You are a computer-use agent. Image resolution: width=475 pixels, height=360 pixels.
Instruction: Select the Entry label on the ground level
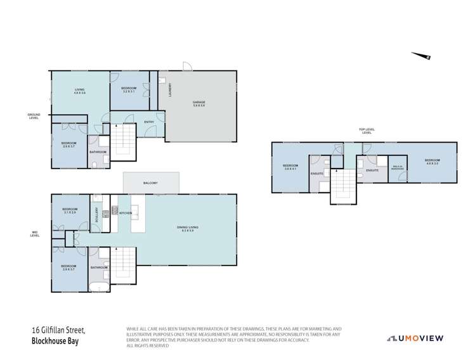point(149,122)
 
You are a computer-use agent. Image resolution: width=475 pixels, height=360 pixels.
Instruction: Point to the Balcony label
point(150,183)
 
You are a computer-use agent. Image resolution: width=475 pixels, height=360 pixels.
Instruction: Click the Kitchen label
point(125,213)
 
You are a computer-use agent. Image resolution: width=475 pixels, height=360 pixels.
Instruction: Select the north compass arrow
point(421,56)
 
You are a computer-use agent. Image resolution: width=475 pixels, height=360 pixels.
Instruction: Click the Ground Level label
point(34,116)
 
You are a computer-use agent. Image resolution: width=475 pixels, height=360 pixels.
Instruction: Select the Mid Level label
point(36,234)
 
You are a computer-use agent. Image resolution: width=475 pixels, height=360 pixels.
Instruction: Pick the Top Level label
point(366,131)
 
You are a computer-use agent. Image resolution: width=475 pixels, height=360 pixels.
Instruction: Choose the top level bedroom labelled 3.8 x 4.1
point(291,167)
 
